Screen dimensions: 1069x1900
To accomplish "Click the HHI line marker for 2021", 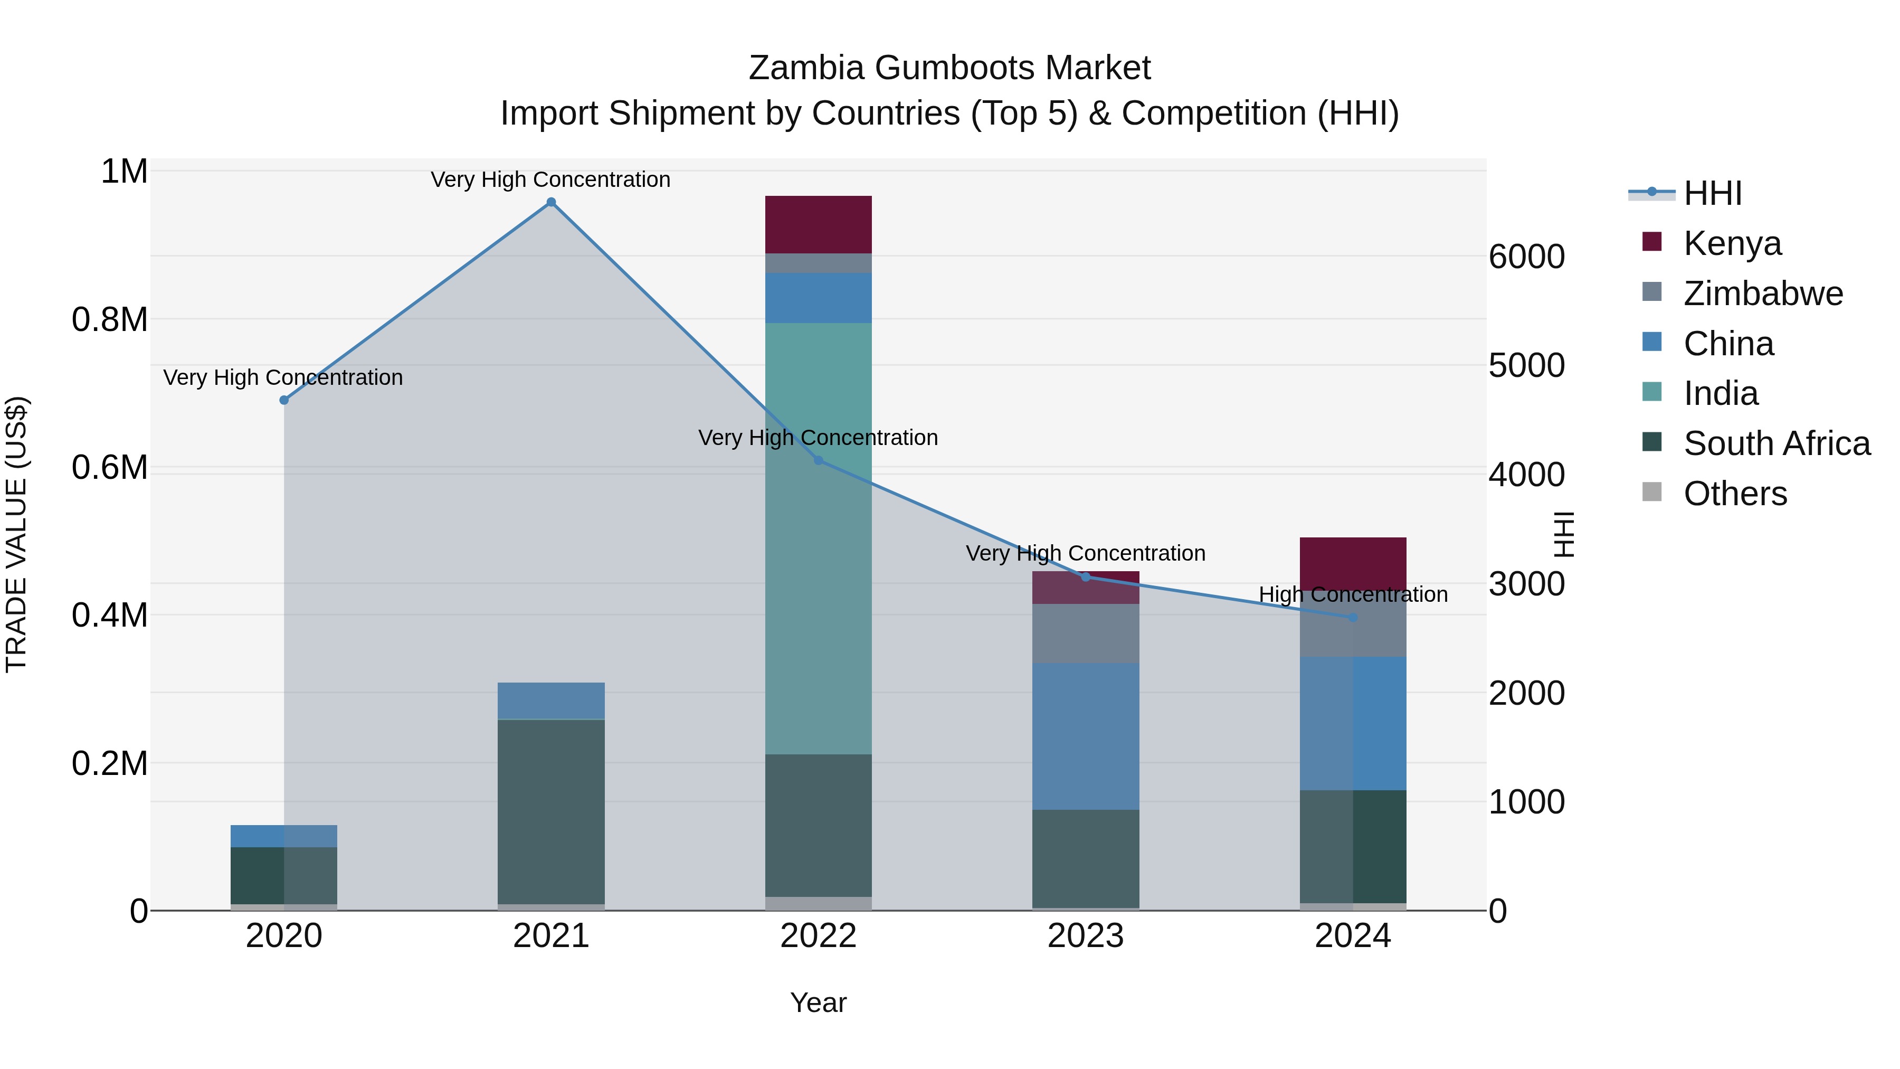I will tap(551, 202).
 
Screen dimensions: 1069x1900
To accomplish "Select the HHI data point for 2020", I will tap(284, 400).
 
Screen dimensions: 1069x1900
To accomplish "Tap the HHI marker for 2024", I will tap(1353, 618).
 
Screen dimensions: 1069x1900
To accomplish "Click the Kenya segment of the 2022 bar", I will tap(818, 224).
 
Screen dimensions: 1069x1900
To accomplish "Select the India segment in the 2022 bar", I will tap(818, 538).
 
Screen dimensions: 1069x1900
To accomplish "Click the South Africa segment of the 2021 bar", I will tap(551, 811).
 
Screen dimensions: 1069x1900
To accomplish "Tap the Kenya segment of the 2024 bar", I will tap(1353, 563).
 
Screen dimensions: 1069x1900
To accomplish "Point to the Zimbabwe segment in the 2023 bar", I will tap(1085, 633).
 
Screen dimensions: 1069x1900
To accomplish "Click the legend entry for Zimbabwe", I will tap(1763, 294).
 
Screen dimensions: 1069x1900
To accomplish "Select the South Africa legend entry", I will tap(1776, 443).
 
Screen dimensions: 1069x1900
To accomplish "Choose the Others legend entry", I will tap(1735, 494).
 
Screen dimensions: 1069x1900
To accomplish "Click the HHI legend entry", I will tap(1713, 193).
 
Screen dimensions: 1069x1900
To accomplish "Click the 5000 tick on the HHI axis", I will tap(1526, 365).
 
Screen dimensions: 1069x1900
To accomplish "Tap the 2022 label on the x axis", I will tap(818, 936).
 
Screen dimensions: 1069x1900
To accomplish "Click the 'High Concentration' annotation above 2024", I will tap(1353, 594).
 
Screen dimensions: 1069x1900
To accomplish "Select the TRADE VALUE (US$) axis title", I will tap(16, 534).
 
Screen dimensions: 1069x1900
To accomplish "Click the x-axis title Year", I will tap(818, 1002).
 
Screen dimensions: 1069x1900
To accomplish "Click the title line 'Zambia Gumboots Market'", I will tap(949, 68).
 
